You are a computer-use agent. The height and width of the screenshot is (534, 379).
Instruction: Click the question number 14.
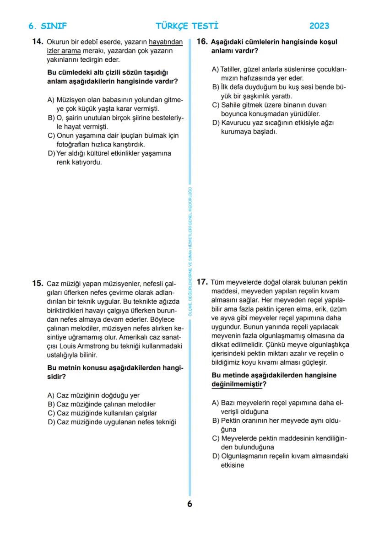pyautogui.click(x=38, y=42)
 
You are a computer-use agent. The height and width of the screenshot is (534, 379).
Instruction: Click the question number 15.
pyautogui.click(x=38, y=283)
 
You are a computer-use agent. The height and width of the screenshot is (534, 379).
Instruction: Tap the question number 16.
pyautogui.click(x=202, y=42)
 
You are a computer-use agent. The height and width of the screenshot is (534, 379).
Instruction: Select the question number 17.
pyautogui.click(x=202, y=282)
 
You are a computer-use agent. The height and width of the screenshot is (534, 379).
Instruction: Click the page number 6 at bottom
pyautogui.click(x=189, y=504)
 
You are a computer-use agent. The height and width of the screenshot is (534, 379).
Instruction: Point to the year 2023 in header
pyautogui.click(x=319, y=26)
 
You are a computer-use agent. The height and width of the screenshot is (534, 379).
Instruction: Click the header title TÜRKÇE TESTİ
pyautogui.click(x=187, y=26)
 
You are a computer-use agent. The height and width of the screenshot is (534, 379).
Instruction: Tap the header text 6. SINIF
pyautogui.click(x=48, y=26)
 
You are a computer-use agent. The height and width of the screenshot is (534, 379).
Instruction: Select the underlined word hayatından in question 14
pyautogui.click(x=166, y=42)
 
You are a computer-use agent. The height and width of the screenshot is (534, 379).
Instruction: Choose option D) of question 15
pyautogui.click(x=112, y=422)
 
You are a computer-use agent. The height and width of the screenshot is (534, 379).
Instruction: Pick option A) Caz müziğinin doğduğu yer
pyautogui.click(x=93, y=395)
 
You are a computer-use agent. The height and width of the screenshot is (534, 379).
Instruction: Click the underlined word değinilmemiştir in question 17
pyautogui.click(x=238, y=384)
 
